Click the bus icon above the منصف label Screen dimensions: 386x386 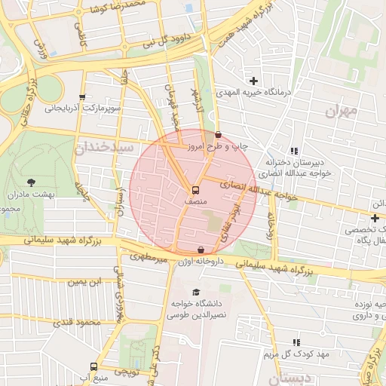coord(196,190)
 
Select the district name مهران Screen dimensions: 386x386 coord(340,112)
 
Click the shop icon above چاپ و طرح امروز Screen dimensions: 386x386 coord(218,134)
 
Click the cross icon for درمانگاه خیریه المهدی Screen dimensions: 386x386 coord(253,80)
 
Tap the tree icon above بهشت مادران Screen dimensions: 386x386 coord(31,182)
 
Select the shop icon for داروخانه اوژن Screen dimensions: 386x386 coord(201,250)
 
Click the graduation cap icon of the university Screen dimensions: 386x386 coord(197,293)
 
